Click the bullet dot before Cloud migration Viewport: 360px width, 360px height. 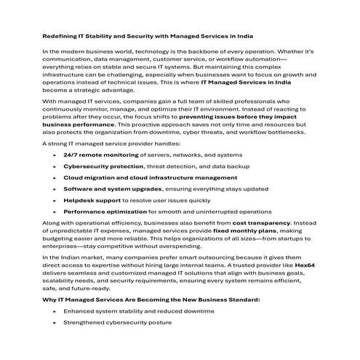pyautogui.click(x=54, y=177)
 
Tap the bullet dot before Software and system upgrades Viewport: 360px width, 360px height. pyautogui.click(x=54, y=188)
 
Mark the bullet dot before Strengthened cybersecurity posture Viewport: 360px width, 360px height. pyautogui.click(x=54, y=321)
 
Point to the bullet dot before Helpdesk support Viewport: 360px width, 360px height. pyautogui.click(x=54, y=199)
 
